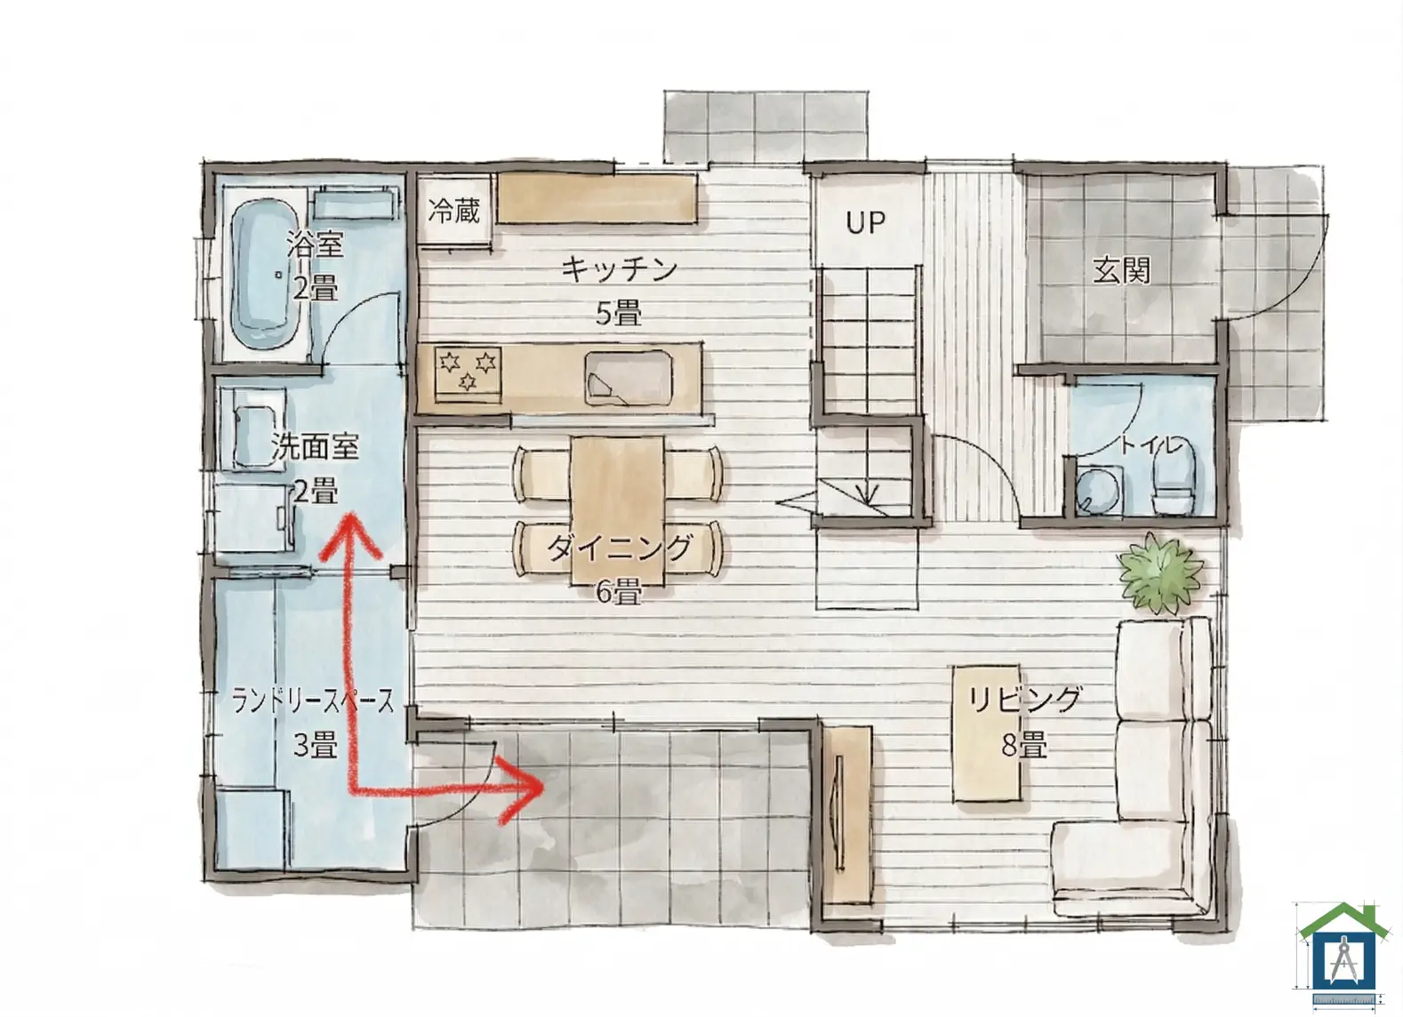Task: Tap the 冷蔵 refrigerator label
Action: (x=454, y=211)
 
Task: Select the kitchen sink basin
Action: (x=629, y=378)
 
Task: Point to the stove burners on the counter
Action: (x=468, y=371)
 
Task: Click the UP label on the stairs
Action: (x=866, y=222)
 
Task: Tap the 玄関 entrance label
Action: (x=1122, y=271)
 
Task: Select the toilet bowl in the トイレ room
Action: (x=1174, y=481)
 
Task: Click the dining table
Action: (x=618, y=510)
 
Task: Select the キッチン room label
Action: (x=619, y=270)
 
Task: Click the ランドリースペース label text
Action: (x=313, y=701)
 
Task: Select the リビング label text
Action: (x=1025, y=700)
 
